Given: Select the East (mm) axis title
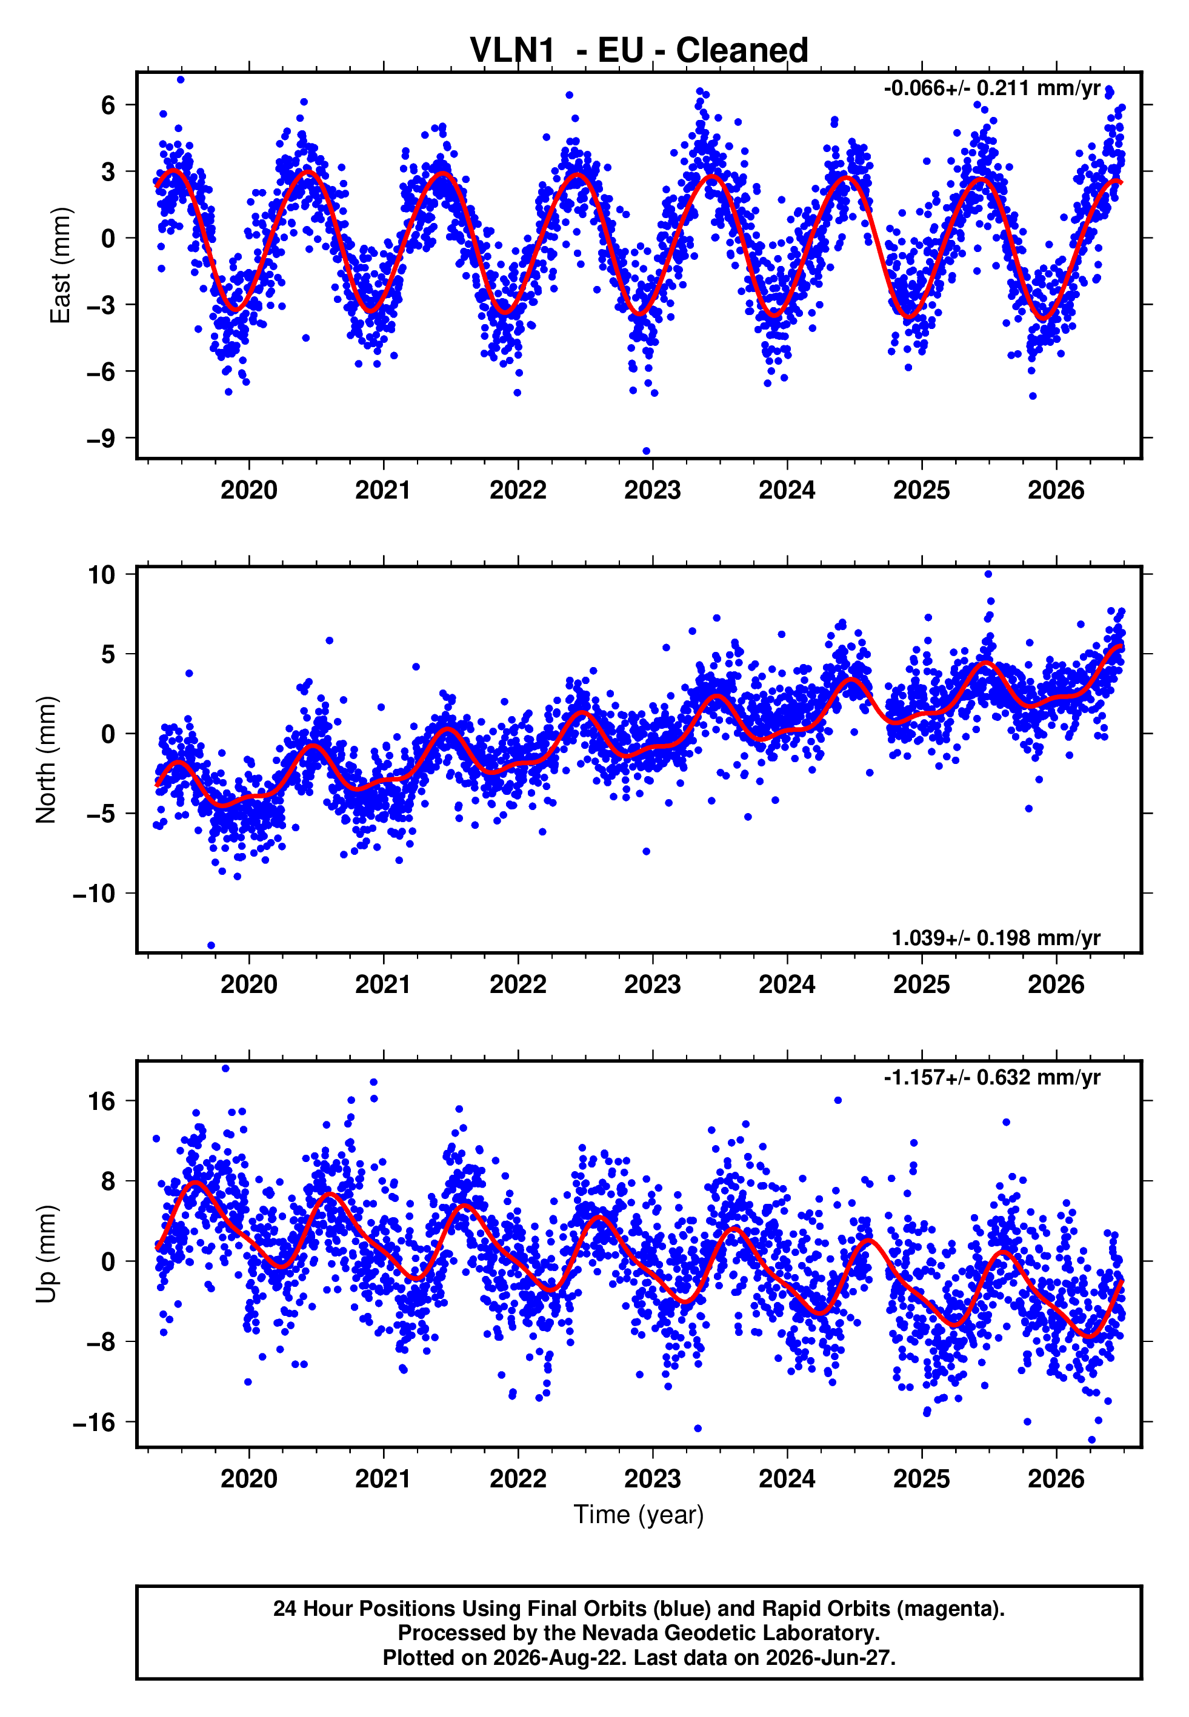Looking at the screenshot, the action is coord(61,266).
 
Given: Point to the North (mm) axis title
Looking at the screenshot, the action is coord(46,760).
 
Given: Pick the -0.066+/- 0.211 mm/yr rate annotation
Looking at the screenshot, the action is coord(992,88).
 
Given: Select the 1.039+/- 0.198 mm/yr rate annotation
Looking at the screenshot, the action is coord(996,938).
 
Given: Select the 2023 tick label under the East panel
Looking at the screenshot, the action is coord(653,490).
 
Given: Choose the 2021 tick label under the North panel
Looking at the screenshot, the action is coord(383,985).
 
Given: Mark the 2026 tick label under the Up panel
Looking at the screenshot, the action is coord(1056,1479).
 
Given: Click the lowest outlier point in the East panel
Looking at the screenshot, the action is coord(646,451).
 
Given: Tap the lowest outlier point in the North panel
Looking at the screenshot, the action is coord(211,946).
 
